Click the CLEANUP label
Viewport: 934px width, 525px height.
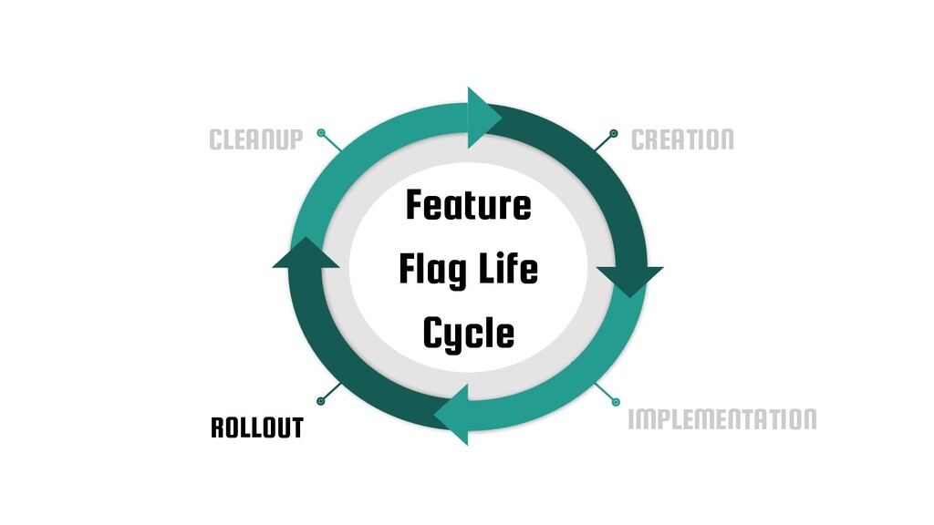[x=255, y=140]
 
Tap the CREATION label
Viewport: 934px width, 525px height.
[x=682, y=140]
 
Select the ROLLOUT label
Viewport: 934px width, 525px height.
[x=256, y=427]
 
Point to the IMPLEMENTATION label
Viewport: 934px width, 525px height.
[x=722, y=419]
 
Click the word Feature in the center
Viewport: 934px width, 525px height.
[x=468, y=205]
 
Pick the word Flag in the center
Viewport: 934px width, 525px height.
[x=429, y=271]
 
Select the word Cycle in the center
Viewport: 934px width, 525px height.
[x=468, y=334]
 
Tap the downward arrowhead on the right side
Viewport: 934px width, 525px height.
[x=628, y=279]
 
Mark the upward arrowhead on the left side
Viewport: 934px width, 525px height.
[x=306, y=254]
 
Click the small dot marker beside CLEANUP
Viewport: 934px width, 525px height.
[x=321, y=134]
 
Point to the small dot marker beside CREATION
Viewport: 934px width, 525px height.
[x=614, y=134]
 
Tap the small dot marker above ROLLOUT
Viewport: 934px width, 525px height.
[x=321, y=400]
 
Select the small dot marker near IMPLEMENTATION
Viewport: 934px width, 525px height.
[x=615, y=401]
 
